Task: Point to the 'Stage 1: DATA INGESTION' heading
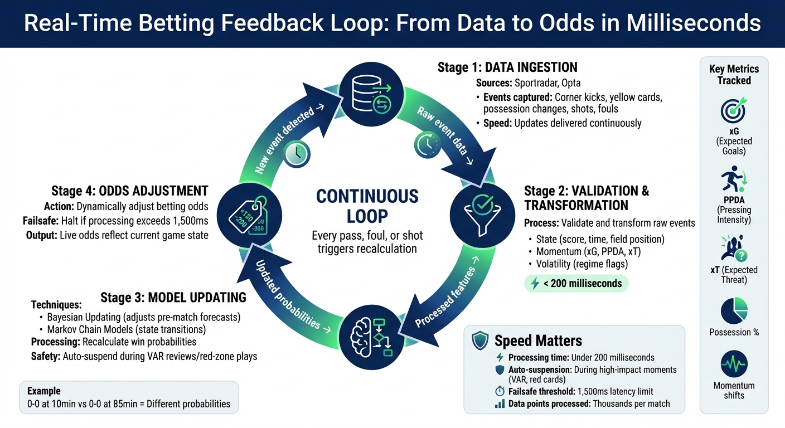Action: [507, 68]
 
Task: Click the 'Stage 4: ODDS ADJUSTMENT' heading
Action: [130, 191]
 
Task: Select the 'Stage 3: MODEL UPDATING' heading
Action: [173, 298]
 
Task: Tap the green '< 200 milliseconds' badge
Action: [576, 284]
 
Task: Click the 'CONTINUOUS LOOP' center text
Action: [367, 206]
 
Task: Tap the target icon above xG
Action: [734, 110]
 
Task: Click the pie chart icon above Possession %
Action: [734, 310]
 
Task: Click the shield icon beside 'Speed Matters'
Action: [480, 341]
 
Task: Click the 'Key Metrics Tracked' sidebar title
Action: [734, 75]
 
